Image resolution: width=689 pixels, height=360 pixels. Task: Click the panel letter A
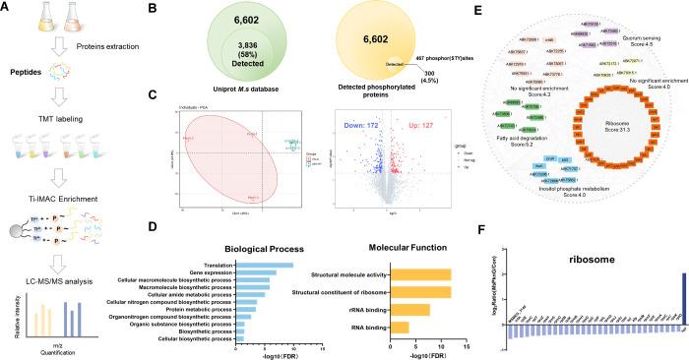[x=9, y=9]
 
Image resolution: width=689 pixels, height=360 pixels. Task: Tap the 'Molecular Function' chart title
[x=400, y=248]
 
